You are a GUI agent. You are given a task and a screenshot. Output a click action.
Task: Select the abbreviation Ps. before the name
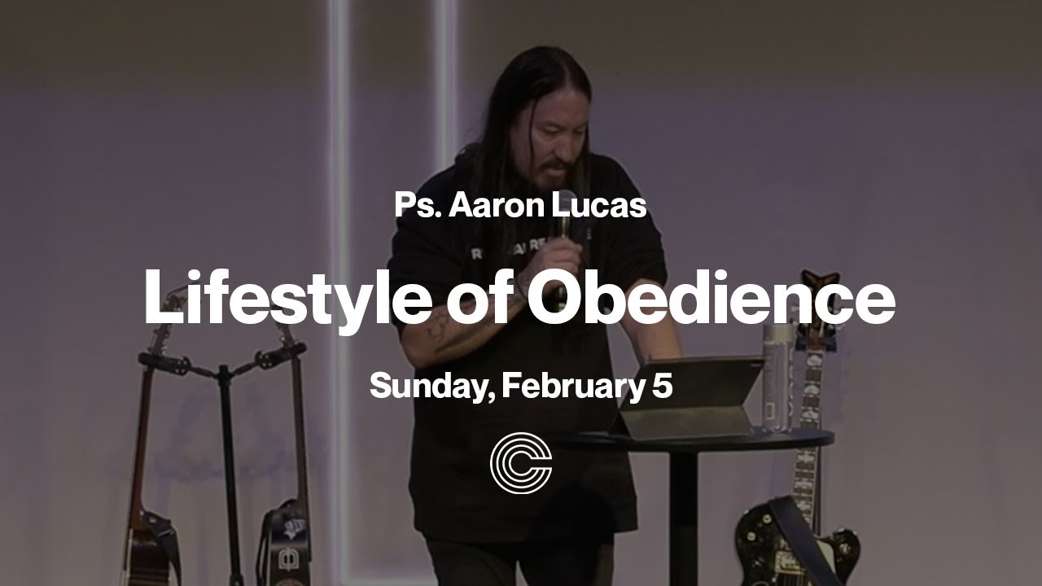pos(417,204)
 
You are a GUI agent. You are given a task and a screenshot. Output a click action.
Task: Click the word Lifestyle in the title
pos(287,298)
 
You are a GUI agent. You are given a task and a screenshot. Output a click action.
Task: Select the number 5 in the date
pos(662,385)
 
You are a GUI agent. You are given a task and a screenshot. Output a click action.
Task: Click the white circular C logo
pos(521,463)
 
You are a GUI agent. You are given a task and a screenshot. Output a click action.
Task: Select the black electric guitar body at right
pos(794,541)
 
